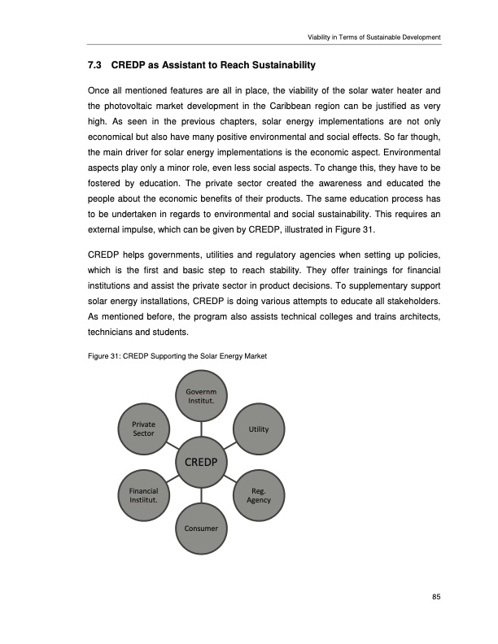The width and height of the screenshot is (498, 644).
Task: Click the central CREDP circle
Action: pos(201,461)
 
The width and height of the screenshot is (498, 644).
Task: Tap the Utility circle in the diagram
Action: pos(259,428)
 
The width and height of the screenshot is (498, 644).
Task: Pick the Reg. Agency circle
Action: pos(259,494)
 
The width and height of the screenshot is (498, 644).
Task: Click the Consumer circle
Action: pos(201,529)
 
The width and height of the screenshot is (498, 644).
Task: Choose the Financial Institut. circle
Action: pos(143,494)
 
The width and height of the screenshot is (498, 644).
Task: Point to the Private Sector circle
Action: pos(143,428)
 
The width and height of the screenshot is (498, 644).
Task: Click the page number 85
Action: pos(436,598)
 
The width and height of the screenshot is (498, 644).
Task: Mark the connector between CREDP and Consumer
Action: pos(201,497)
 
